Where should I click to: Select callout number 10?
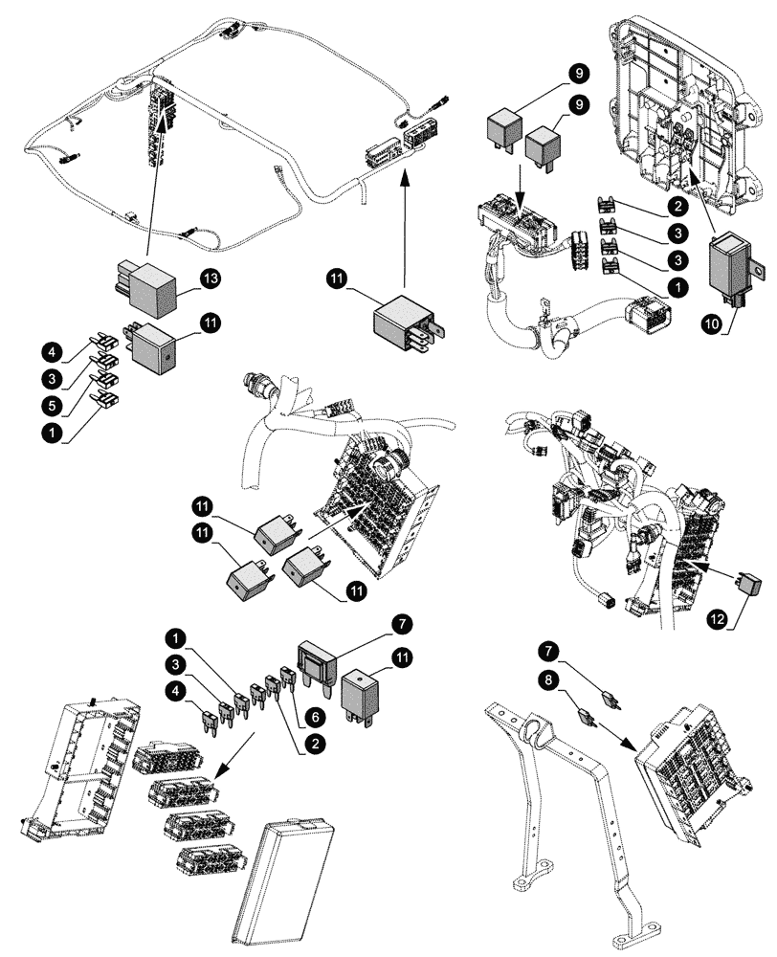[x=711, y=324]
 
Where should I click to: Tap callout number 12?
[x=717, y=619]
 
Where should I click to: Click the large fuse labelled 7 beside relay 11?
[x=318, y=661]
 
